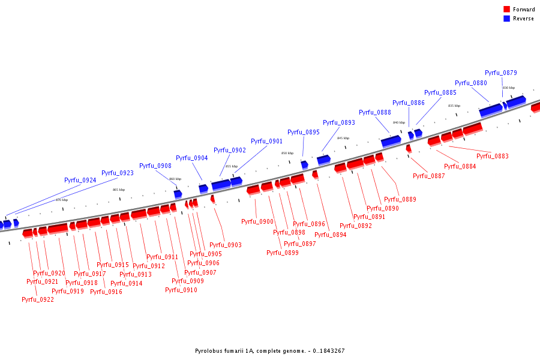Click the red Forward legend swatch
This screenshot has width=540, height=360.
(507, 10)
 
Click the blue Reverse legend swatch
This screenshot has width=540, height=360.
(507, 19)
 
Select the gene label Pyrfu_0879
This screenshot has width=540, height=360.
(500, 73)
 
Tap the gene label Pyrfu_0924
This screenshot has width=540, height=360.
(80, 180)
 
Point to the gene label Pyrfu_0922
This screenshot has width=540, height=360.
(38, 299)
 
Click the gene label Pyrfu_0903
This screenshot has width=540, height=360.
(226, 245)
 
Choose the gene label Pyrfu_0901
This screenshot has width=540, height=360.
(266, 141)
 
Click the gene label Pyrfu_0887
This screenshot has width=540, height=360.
(429, 176)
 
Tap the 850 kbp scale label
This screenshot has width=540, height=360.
(287, 153)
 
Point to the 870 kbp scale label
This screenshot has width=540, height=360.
(62, 200)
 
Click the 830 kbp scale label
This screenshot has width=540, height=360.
(508, 88)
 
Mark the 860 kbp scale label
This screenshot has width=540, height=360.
(175, 179)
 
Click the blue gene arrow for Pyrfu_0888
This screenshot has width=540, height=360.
(391, 141)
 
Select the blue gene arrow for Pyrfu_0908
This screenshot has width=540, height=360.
(178, 194)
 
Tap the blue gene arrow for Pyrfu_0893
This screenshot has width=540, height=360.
(323, 159)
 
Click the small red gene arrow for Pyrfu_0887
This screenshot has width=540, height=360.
(409, 148)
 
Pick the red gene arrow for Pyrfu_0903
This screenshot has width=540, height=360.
(212, 199)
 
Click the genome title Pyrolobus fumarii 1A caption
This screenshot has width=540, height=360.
(269, 351)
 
